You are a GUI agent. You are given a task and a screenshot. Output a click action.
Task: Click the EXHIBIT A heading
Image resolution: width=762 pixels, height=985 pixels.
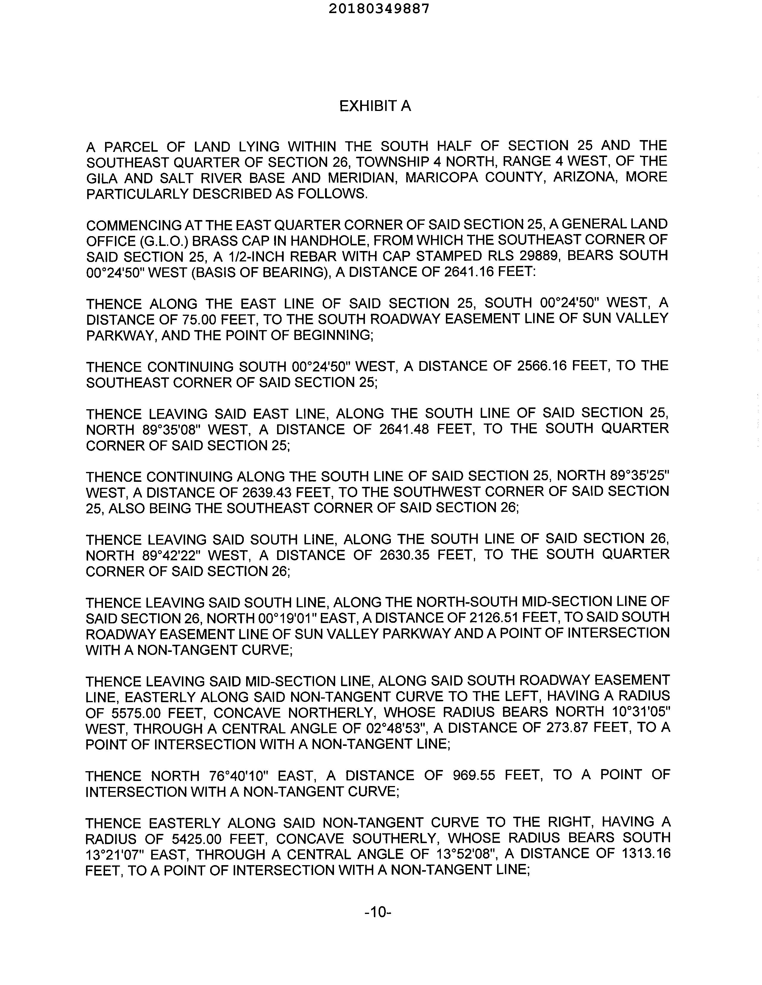[375, 106]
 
